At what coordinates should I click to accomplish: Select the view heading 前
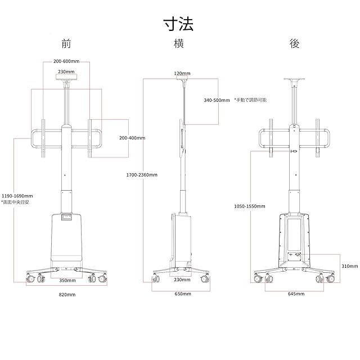tap(67, 44)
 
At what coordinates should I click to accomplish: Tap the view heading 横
tap(181, 44)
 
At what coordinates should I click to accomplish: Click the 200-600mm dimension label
tap(67, 62)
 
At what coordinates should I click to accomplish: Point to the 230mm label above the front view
tap(66, 71)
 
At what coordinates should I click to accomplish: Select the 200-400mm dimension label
tap(132, 138)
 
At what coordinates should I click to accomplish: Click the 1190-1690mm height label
tap(17, 196)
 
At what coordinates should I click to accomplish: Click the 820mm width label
tap(67, 294)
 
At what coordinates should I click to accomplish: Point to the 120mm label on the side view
tap(182, 73)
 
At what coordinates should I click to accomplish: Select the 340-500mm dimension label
tap(217, 100)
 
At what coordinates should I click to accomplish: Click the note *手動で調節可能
tap(250, 100)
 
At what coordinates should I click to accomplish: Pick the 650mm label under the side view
tap(182, 294)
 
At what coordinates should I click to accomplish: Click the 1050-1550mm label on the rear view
tap(249, 206)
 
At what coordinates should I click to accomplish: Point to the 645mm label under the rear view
tap(296, 294)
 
